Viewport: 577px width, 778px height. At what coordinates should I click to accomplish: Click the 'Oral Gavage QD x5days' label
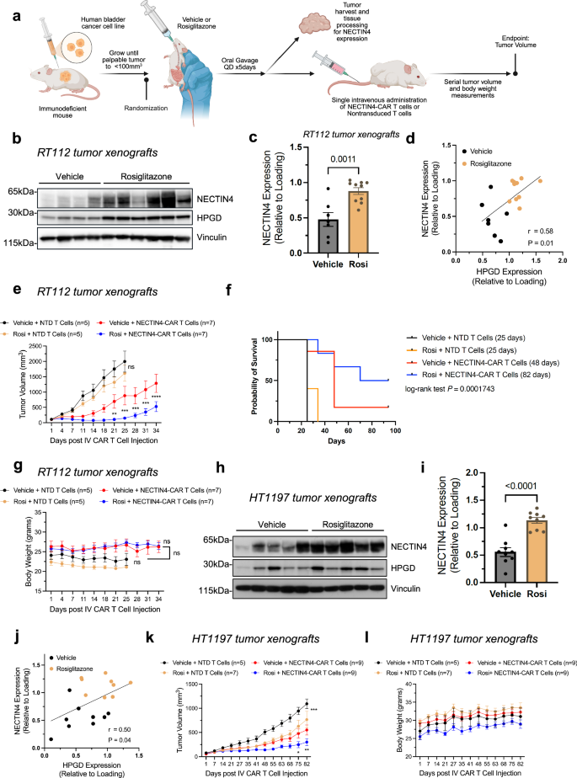pos(266,81)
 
